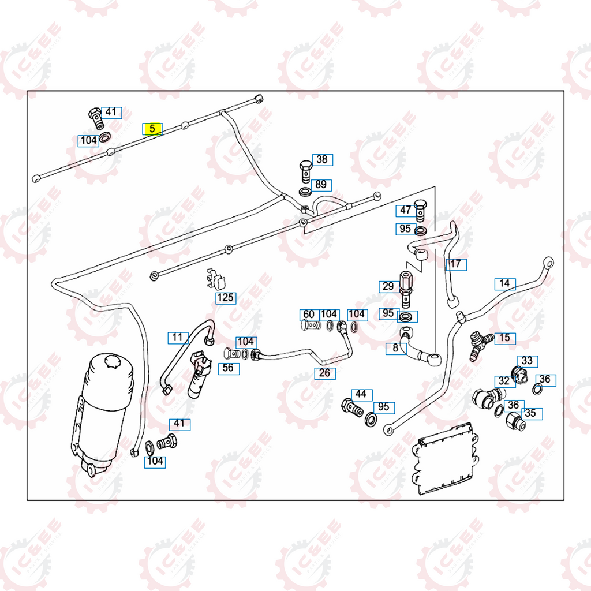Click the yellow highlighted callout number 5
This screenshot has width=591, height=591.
pos(153,129)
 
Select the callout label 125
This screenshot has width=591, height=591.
pos(226,298)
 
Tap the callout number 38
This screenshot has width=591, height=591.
pos(322,159)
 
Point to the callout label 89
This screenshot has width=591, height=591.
pos(321,185)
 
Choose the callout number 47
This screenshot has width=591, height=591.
pos(406,211)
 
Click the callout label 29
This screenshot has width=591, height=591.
pos(388,286)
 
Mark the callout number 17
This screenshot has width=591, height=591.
pos(456,264)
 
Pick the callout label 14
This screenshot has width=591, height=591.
pos(505,283)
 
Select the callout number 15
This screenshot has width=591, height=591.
pos(505,338)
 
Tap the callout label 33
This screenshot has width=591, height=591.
pos(527,361)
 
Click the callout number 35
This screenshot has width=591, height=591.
pos(530,413)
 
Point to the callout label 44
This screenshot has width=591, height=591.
pos(361,394)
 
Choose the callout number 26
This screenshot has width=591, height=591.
pos(325,373)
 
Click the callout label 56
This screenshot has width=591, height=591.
pos(229,368)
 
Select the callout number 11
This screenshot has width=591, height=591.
pos(178,337)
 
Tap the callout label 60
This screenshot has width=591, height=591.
pos(309,314)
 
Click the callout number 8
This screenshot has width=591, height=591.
pos(395,348)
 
